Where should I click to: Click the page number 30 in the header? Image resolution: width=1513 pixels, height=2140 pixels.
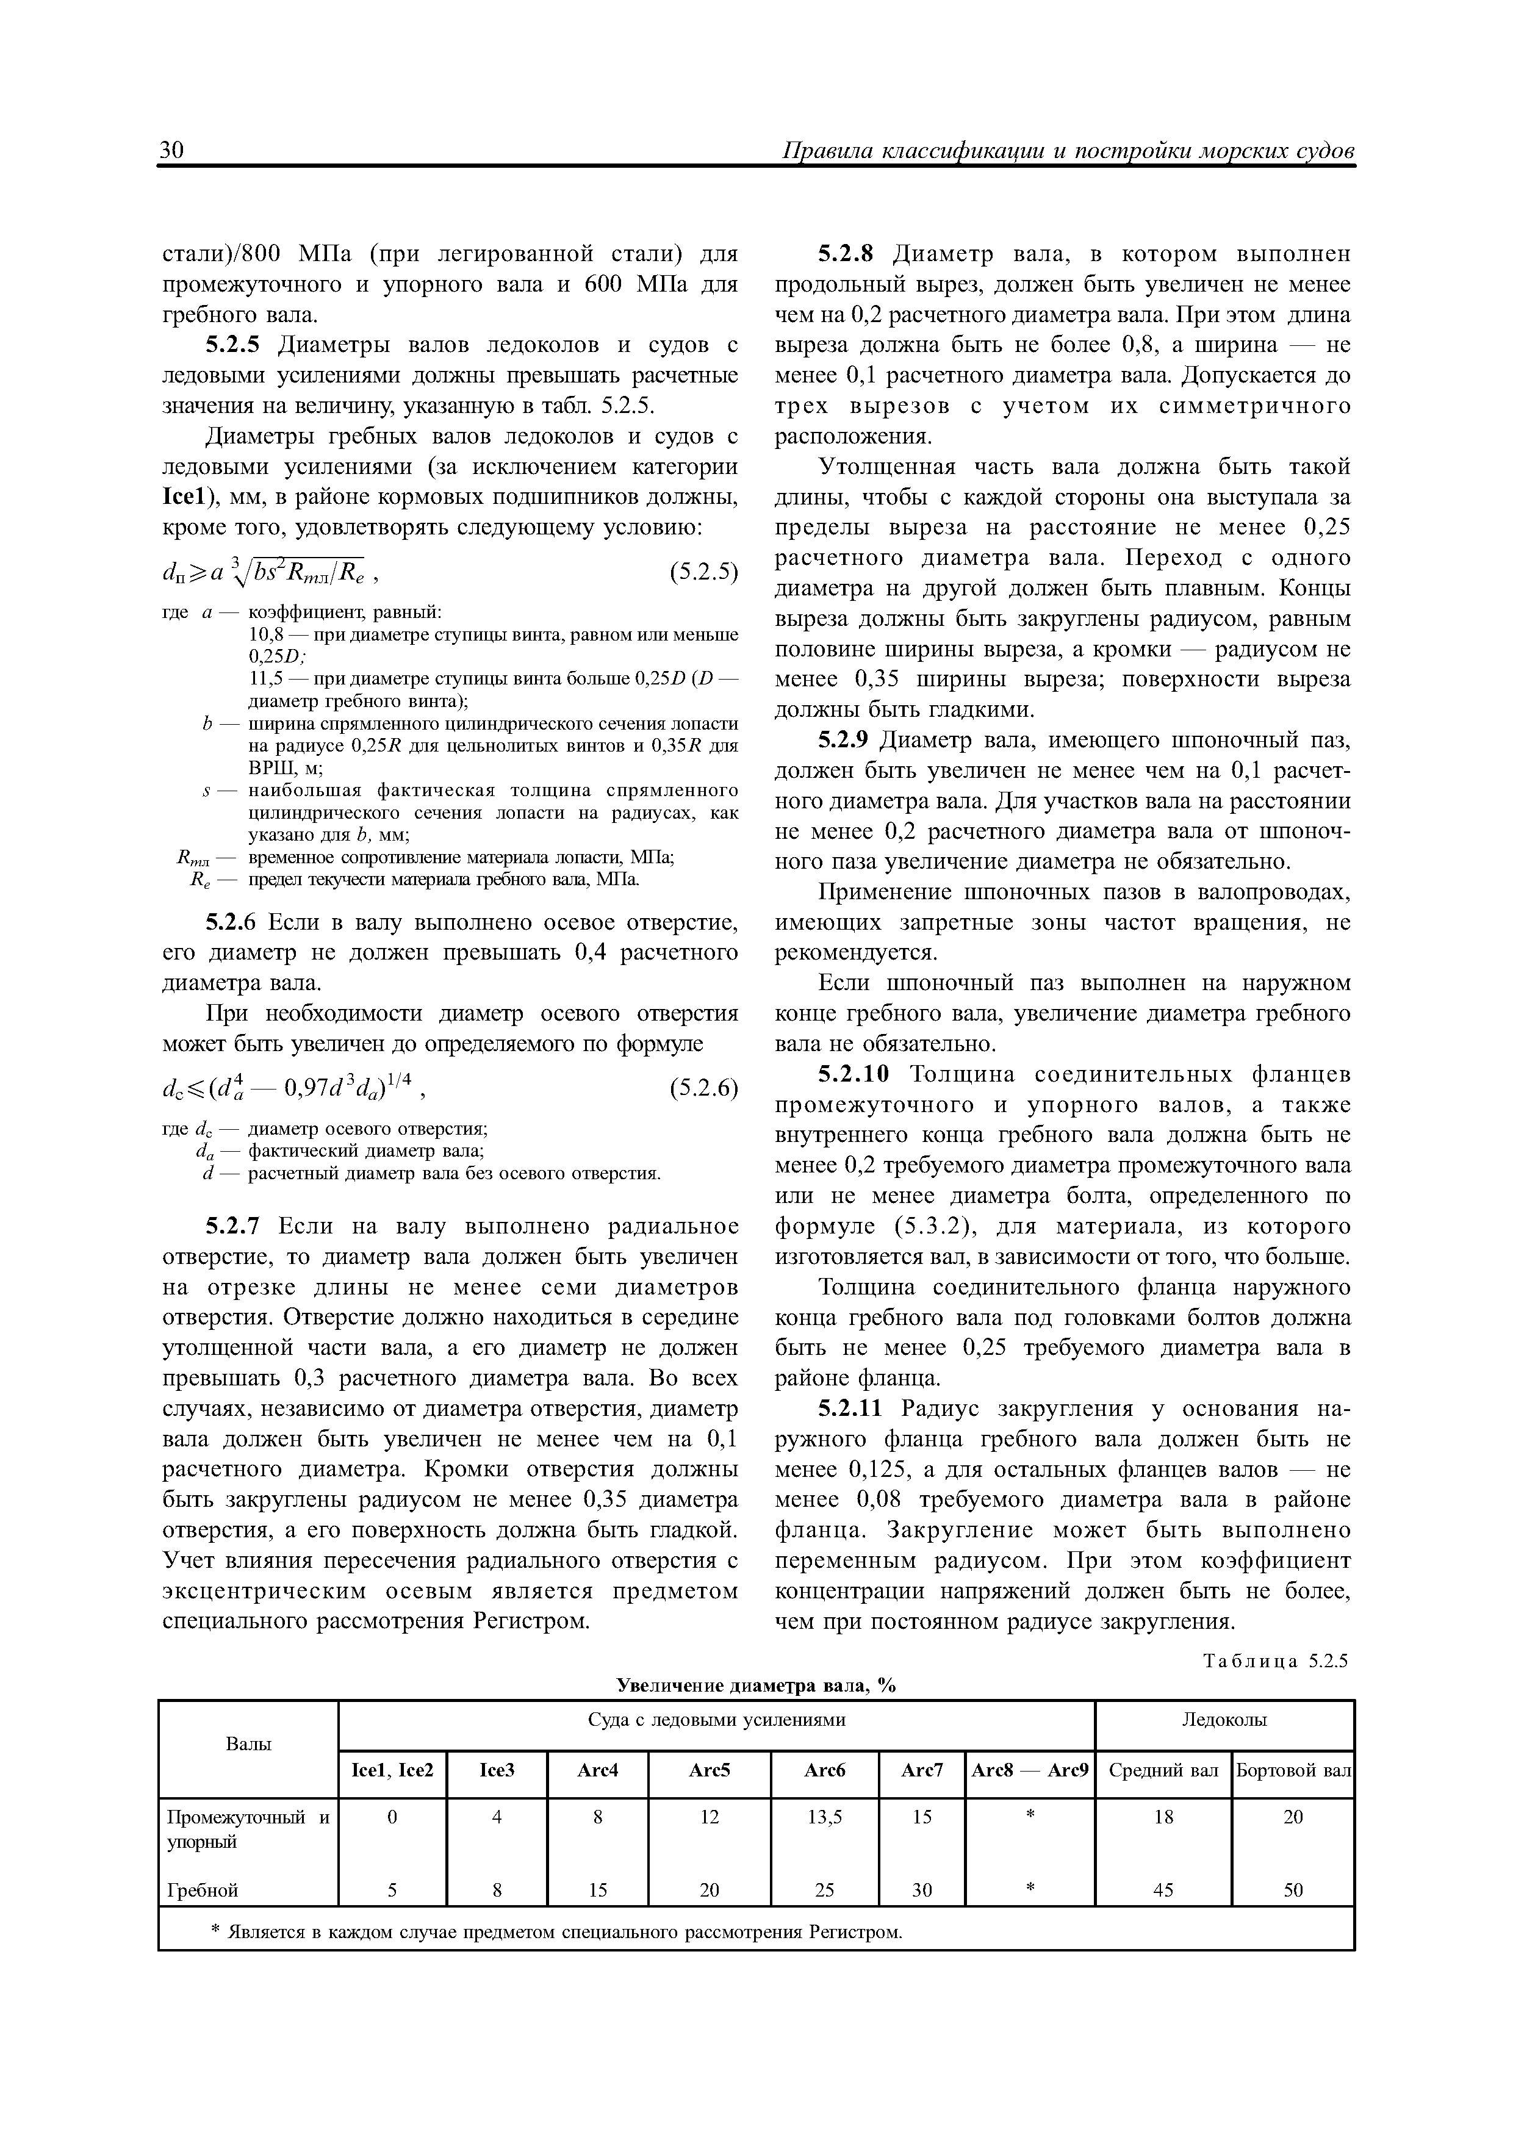[173, 150]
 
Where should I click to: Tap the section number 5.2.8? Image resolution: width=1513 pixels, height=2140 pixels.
[846, 254]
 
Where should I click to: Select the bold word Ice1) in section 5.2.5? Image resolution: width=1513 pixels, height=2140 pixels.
[189, 497]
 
